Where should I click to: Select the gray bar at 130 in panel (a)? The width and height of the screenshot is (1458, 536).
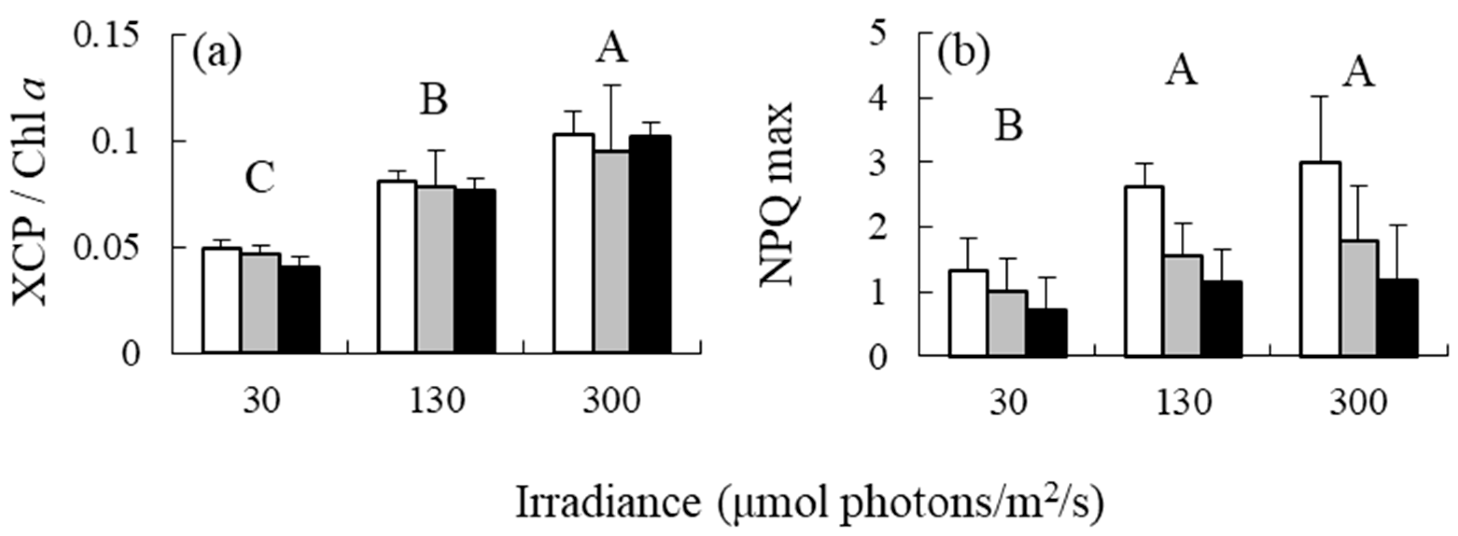tap(436, 270)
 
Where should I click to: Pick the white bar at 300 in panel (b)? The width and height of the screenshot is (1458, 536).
tap(1320, 260)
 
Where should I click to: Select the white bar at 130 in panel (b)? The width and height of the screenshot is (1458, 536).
tap(1144, 271)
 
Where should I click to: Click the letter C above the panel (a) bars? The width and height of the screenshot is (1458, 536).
tap(260, 179)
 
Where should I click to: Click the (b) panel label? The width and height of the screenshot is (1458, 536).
tap(963, 54)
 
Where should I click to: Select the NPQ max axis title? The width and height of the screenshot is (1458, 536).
tap(777, 195)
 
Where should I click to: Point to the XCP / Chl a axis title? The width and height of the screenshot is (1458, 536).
tap(31, 192)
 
